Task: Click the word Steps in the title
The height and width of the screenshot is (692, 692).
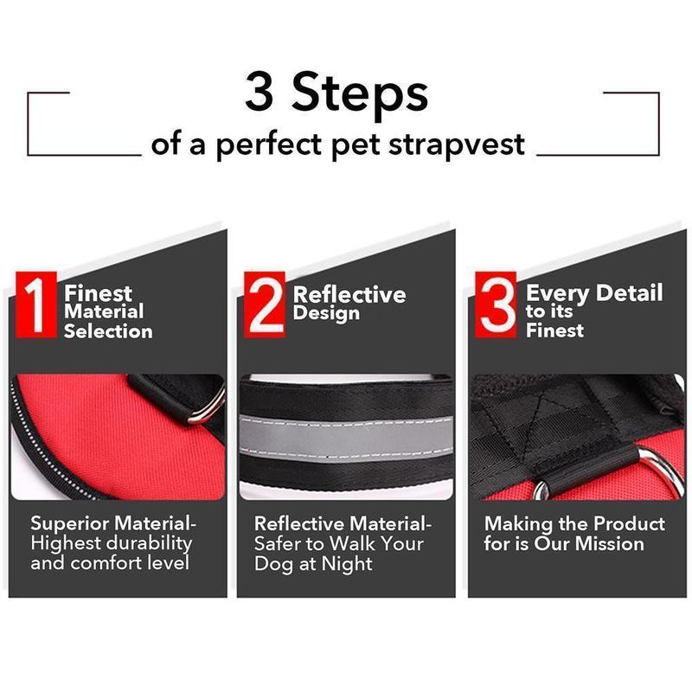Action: pos(362,93)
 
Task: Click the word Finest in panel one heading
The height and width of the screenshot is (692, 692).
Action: pos(98,292)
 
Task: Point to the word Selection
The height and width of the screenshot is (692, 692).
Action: pos(108,331)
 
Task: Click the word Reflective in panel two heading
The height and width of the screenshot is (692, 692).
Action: pos(349,294)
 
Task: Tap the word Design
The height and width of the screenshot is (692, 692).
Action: pos(326,313)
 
